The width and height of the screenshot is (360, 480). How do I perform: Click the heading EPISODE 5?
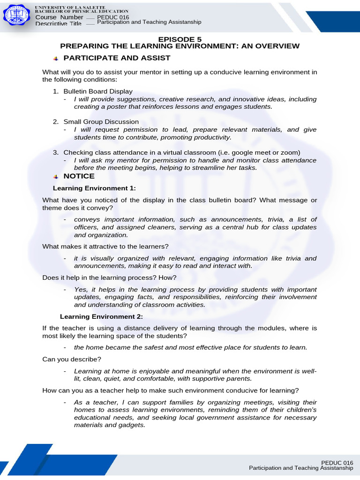pyautogui.click(x=180, y=39)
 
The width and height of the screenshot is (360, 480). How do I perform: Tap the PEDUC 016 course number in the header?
pyautogui.click(x=113, y=17)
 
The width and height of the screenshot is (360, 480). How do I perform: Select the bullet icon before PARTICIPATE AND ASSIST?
pyautogui.click(x=55, y=58)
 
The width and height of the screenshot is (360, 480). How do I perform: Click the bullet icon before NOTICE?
pyautogui.click(x=55, y=176)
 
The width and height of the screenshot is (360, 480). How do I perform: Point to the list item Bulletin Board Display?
pyautogui.click(x=98, y=91)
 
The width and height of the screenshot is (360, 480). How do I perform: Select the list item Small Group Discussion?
pyautogui.click(x=101, y=122)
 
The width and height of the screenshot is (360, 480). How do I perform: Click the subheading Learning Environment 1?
pyautogui.click(x=94, y=188)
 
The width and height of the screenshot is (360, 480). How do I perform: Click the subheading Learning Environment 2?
pyautogui.click(x=101, y=316)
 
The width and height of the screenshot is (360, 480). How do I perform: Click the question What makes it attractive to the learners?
pyautogui.click(x=105, y=246)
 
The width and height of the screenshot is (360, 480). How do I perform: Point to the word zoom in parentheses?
pyautogui.click(x=290, y=152)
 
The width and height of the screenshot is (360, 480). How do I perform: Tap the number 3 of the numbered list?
pyautogui.click(x=55, y=152)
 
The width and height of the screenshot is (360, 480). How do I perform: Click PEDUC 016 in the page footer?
pyautogui.click(x=337, y=462)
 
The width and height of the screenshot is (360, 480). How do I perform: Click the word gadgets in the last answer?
pyautogui.click(x=132, y=425)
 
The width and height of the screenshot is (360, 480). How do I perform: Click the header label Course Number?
pyautogui.click(x=59, y=17)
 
